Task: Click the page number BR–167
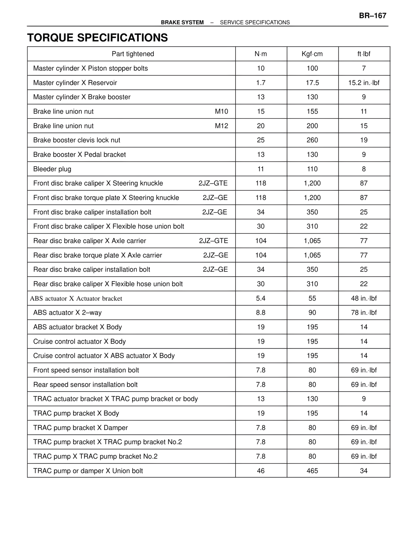(373, 16)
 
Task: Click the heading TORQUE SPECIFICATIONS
(97, 38)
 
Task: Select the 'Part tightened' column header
(133, 54)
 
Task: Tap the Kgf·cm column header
(312, 54)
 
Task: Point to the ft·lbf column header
(364, 54)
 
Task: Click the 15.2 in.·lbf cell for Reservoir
(364, 83)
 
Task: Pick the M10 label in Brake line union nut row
(222, 111)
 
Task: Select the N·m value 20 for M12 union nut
(261, 126)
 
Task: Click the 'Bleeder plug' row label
(52, 169)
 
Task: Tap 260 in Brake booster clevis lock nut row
(312, 140)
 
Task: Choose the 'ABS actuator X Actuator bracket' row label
(76, 298)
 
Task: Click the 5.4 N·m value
(261, 298)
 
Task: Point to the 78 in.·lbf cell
(364, 312)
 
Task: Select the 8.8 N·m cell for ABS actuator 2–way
(261, 312)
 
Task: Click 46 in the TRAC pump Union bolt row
(261, 471)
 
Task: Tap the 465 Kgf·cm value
(312, 471)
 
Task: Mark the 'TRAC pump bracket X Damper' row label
(80, 428)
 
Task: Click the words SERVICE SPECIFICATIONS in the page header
(255, 22)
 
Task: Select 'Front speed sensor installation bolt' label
(86, 370)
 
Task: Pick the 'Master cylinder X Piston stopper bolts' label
(91, 68)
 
